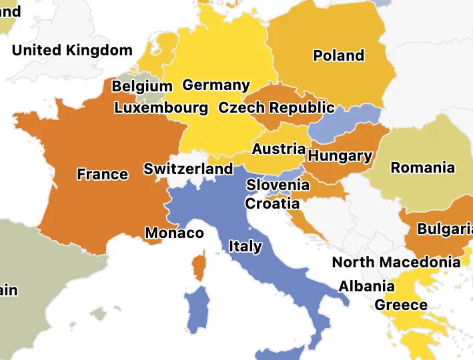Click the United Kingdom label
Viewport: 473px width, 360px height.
click(72, 50)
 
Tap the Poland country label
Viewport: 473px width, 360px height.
click(339, 55)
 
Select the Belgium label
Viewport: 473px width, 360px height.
click(142, 87)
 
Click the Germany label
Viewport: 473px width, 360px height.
click(216, 85)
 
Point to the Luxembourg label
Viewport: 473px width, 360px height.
click(161, 107)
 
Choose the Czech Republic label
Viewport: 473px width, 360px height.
click(277, 107)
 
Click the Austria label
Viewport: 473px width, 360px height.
click(279, 149)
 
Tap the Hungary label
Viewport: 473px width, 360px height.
click(340, 156)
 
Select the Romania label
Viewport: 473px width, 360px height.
click(422, 167)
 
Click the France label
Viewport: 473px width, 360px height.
click(102, 175)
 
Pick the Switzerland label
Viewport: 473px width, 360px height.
click(189, 169)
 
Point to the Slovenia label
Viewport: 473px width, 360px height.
click(278, 185)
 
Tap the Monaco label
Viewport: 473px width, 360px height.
click(174, 233)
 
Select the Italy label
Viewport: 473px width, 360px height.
click(246, 246)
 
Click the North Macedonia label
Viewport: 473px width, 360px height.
click(396, 262)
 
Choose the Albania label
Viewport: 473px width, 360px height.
click(366, 286)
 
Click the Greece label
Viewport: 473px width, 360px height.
click(401, 305)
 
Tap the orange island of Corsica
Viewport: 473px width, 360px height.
click(198, 266)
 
